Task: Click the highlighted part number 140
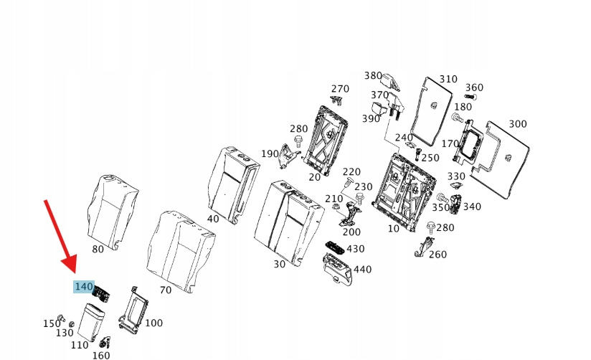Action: [84, 287]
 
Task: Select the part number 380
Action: [373, 75]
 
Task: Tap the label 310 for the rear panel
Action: [448, 79]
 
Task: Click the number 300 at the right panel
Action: [517, 123]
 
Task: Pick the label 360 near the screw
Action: [474, 87]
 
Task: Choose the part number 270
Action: [340, 89]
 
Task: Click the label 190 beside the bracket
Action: [270, 153]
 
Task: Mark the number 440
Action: [362, 269]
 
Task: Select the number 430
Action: [355, 249]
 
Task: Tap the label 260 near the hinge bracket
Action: [437, 254]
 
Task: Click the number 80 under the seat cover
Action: [98, 249]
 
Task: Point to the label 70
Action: [165, 290]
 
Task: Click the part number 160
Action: [101, 354]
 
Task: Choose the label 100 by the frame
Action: [153, 323]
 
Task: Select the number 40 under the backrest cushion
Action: [212, 219]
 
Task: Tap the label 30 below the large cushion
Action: [279, 263]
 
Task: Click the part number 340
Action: [472, 207]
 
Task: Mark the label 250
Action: [430, 158]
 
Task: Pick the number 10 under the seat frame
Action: [393, 228]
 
